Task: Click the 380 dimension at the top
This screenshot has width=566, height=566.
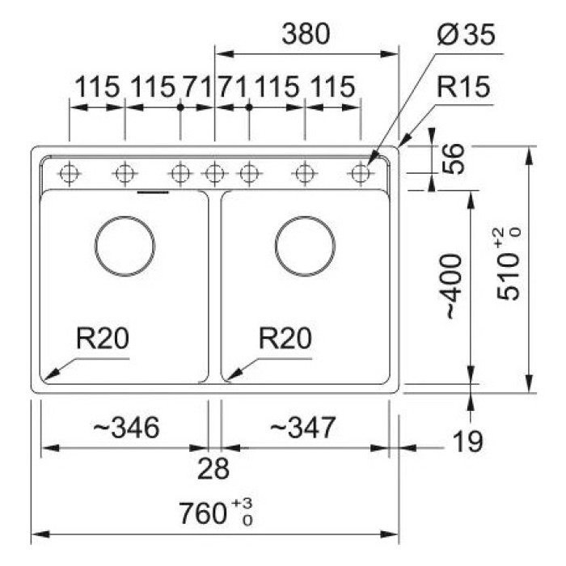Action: pyautogui.click(x=306, y=34)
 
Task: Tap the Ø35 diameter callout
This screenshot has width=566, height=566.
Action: pyautogui.click(x=466, y=35)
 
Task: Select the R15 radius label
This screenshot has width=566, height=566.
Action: pyautogui.click(x=463, y=87)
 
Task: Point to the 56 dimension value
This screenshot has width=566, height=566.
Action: pyautogui.click(x=454, y=158)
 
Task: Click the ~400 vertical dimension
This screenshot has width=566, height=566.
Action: pyautogui.click(x=454, y=286)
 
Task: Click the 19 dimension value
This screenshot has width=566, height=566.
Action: pyautogui.click(x=467, y=441)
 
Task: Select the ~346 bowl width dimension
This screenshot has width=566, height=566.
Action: pyautogui.click(x=126, y=428)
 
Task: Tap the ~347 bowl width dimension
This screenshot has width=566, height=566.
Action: pyautogui.click(x=302, y=428)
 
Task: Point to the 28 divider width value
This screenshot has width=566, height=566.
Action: pyautogui.click(x=213, y=468)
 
